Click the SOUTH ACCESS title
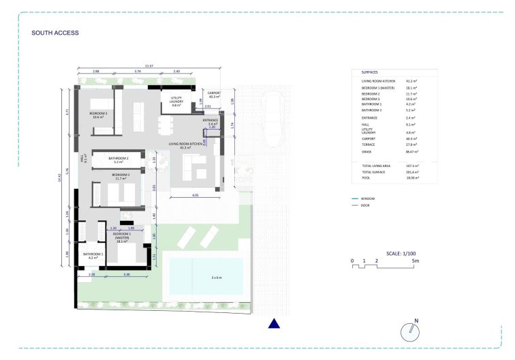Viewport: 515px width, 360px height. tap(55, 33)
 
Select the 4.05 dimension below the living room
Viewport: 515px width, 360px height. tap(195, 195)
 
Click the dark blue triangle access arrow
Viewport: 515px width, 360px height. tap(274, 324)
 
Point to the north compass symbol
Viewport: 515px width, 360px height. tap(411, 331)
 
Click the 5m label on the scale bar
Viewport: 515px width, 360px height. tap(424, 261)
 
